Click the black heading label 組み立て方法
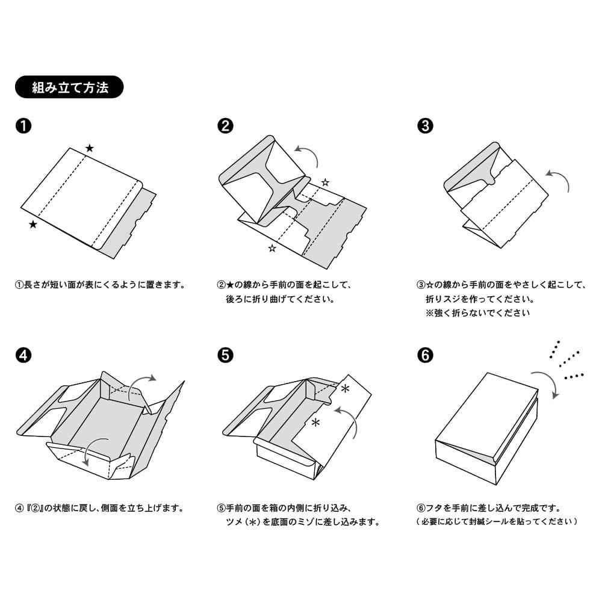tap(69, 87)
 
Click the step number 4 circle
tap(23, 355)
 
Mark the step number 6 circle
tap(425, 355)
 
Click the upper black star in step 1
tap(90, 148)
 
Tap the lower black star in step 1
tap(33, 225)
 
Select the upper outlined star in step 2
tap(325, 182)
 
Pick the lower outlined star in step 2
tap(272, 247)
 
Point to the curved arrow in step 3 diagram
tap(559, 179)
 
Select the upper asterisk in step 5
tap(345, 389)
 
